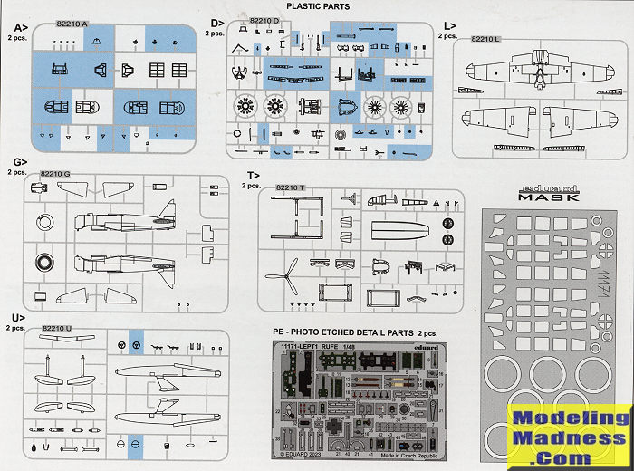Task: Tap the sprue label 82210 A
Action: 71,24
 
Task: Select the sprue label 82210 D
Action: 264,20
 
